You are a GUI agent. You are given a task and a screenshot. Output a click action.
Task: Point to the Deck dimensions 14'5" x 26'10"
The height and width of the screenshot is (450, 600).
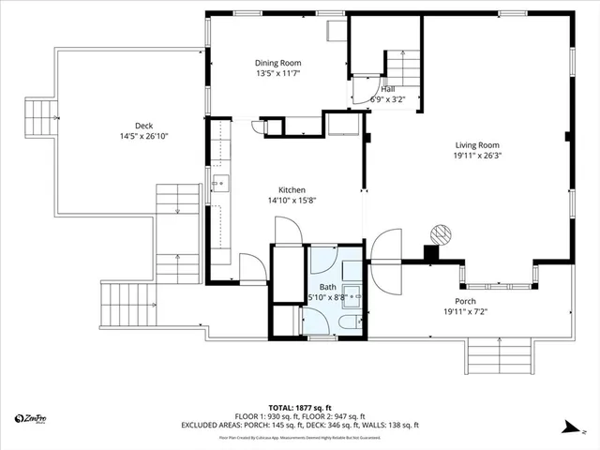[143, 138]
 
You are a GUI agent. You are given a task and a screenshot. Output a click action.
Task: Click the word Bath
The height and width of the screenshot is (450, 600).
[327, 286]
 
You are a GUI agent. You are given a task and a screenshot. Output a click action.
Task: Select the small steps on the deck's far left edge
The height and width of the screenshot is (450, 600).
[41, 118]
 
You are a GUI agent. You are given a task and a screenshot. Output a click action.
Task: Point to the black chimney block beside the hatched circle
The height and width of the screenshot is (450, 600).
[430, 252]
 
